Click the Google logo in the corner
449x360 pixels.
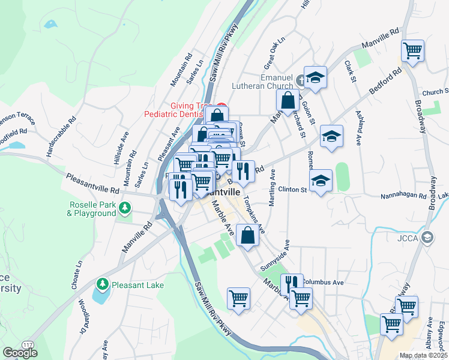(20, 353)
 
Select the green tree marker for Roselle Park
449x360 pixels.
(125, 208)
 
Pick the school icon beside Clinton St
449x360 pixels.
(321, 180)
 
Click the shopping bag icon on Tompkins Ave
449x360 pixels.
(247, 235)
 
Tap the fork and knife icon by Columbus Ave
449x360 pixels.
(291, 283)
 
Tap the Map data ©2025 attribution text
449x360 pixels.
(423, 355)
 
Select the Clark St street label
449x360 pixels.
(351, 71)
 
